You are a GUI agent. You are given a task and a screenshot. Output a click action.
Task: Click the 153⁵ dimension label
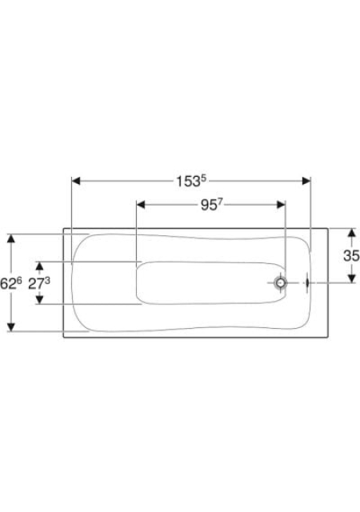(x=191, y=182)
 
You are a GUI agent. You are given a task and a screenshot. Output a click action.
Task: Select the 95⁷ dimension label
(x=211, y=205)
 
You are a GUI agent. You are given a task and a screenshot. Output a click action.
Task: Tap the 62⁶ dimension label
(x=10, y=283)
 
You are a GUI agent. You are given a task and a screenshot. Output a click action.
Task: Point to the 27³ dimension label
(x=39, y=283)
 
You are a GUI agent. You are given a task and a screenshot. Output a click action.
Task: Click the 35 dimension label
(x=351, y=255)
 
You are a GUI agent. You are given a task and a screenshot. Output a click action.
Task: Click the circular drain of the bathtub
(x=281, y=282)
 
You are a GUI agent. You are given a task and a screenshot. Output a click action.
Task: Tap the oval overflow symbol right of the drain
(x=307, y=282)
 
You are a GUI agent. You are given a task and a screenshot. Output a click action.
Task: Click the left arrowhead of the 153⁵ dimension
(x=76, y=181)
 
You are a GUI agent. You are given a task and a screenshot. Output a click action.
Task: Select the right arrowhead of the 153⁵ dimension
(x=306, y=181)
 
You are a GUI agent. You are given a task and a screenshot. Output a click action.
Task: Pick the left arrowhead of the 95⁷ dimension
(x=141, y=205)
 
